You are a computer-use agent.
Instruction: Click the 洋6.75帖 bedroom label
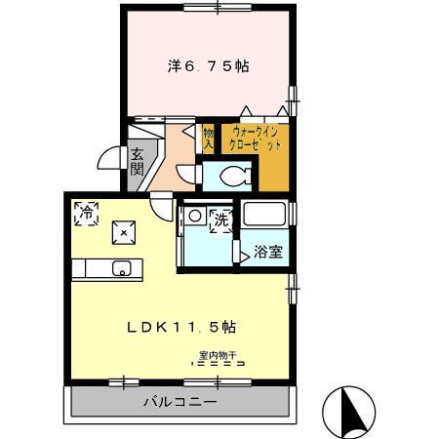[209, 66]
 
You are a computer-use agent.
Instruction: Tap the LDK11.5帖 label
[181, 327]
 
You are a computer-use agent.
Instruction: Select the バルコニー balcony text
[180, 402]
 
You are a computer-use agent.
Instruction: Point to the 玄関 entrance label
[137, 162]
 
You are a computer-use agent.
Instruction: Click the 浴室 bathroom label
[268, 252]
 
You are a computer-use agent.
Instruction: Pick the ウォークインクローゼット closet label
[255, 139]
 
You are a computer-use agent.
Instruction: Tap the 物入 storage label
[209, 140]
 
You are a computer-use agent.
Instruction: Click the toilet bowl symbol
[235, 176]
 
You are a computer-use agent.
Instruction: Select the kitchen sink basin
[122, 268]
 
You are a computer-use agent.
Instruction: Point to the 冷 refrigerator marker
[86, 214]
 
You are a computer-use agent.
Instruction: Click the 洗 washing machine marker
[221, 220]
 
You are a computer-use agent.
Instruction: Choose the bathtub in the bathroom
[264, 214]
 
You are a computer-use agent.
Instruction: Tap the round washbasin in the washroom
[195, 216]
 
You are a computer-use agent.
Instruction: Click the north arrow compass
[348, 412]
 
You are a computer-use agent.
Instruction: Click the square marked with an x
[124, 232]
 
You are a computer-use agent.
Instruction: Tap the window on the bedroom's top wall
[218, 7]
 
